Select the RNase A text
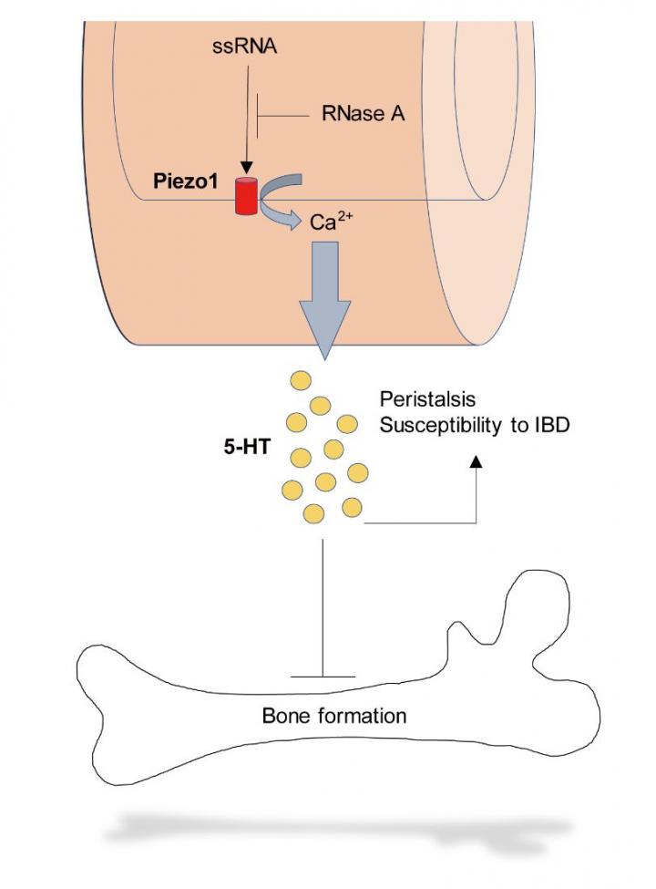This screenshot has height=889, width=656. (362, 115)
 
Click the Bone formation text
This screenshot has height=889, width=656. (333, 715)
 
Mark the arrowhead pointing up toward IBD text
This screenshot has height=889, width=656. (476, 462)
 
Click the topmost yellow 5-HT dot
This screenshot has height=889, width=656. (301, 379)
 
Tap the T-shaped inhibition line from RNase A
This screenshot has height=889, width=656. (260, 116)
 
